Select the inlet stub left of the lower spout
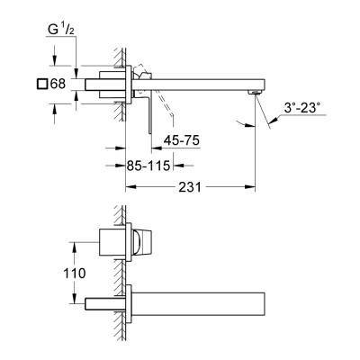pos(100,299)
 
